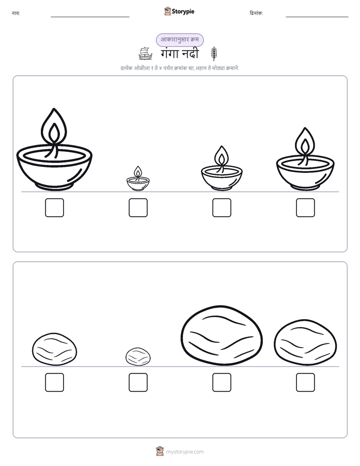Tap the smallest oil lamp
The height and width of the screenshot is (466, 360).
click(x=138, y=179)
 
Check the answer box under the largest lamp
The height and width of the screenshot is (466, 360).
click(x=54, y=207)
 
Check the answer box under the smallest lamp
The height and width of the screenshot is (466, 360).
click(x=138, y=207)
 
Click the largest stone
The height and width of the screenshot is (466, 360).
click(x=222, y=335)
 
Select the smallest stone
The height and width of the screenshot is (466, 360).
click(x=138, y=357)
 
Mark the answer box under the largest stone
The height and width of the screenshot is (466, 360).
click(x=222, y=382)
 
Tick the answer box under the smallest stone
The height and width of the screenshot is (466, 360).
click(x=138, y=382)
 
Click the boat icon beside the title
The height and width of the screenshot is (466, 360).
click(x=145, y=53)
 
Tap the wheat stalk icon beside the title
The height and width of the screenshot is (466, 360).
click(x=214, y=53)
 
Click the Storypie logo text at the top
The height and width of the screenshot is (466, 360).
click(x=183, y=12)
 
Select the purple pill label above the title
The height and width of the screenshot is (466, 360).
click(x=179, y=40)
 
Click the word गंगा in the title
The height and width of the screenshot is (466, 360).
click(x=169, y=53)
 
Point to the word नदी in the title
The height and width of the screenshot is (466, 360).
click(x=190, y=53)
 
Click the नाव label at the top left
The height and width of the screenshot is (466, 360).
click(x=16, y=13)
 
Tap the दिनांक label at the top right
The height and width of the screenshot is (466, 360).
click(x=256, y=13)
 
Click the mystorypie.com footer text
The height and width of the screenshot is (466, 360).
click(x=185, y=452)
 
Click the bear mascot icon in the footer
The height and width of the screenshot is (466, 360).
click(x=160, y=451)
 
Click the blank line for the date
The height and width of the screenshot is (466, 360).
click(x=317, y=17)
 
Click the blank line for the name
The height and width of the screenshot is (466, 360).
click(x=90, y=17)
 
